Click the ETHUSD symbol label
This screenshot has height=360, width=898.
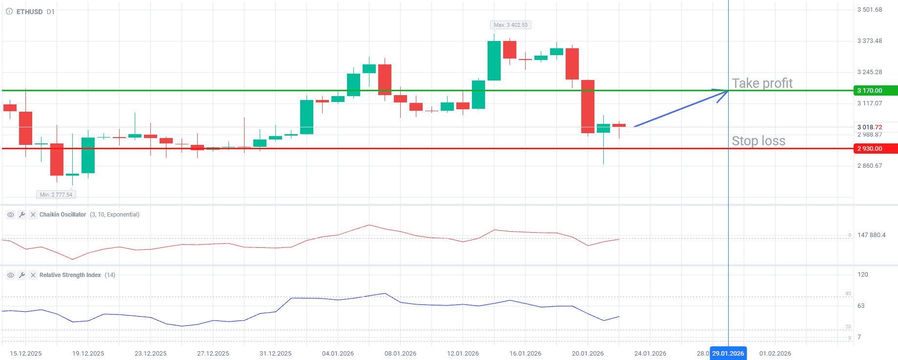29,12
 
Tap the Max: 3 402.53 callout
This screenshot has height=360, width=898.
510,25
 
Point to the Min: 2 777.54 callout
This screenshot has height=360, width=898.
56,195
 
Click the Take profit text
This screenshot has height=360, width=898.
762,83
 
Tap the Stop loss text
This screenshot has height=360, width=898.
758,141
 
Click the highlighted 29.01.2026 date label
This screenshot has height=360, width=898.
728,354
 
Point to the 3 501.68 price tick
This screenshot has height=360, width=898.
870,10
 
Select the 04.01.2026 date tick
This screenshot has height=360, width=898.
338,354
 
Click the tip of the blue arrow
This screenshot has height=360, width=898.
727,91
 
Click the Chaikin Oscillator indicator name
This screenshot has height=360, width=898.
62,215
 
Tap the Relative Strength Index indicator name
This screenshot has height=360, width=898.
70,275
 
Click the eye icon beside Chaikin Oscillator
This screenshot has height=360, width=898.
10,215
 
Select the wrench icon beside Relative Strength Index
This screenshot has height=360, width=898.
22,275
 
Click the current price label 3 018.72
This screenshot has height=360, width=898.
870,127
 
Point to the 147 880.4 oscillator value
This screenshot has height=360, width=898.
871,235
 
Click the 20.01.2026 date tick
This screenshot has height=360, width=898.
588,354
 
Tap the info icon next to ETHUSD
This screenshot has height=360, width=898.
9,12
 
